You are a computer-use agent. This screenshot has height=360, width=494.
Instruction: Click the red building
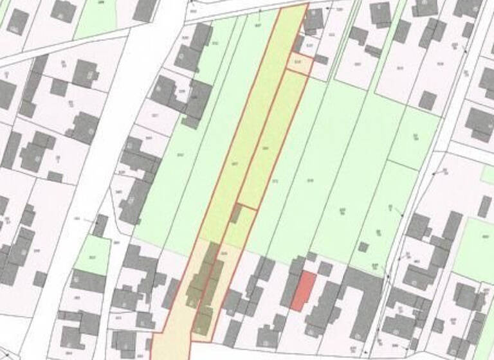304,291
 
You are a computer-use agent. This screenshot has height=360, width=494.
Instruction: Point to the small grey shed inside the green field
363,247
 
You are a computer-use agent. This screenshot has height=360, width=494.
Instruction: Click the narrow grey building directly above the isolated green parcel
100,225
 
